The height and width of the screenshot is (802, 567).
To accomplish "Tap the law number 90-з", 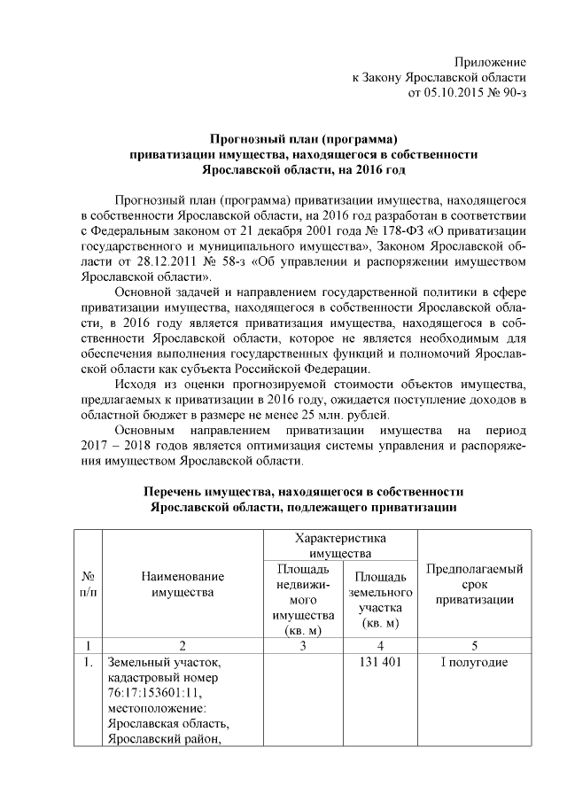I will click(x=512, y=92).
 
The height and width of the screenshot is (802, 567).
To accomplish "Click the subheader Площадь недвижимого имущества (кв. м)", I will click(x=302, y=599).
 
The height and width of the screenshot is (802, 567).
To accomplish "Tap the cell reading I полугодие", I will click(x=474, y=662).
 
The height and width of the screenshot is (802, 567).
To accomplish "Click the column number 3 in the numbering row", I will click(x=302, y=645).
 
